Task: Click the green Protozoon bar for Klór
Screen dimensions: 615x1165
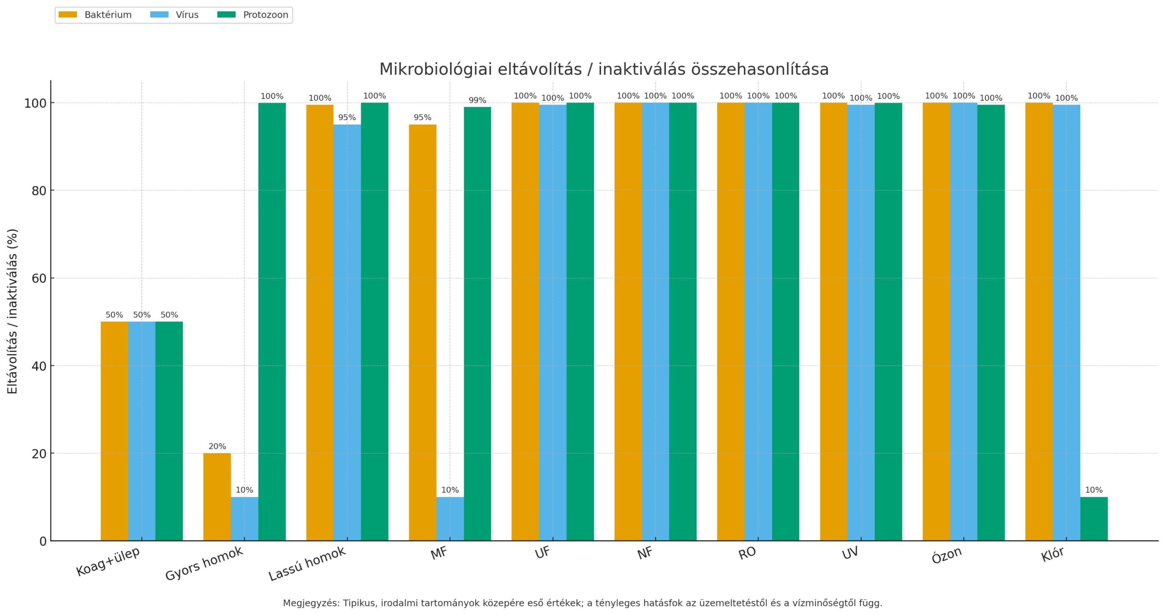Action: (x=1094, y=519)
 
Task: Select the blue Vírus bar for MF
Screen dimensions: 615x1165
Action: (x=450, y=519)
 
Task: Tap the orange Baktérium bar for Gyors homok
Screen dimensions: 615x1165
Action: (x=217, y=497)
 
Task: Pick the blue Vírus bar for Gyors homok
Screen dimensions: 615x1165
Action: (x=244, y=519)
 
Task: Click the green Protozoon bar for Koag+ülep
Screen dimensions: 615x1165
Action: (x=169, y=431)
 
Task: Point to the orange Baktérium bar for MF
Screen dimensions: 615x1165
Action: (x=422, y=332)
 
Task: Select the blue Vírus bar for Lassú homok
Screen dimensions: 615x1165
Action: (x=347, y=332)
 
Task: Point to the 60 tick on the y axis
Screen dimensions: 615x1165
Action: (x=39, y=278)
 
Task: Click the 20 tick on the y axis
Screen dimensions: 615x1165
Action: (x=39, y=454)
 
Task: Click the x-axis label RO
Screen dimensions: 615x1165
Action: (x=747, y=553)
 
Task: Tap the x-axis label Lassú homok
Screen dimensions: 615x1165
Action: (x=307, y=564)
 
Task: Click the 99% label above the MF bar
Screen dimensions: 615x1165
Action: (x=477, y=101)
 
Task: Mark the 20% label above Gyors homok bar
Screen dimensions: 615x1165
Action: (x=217, y=447)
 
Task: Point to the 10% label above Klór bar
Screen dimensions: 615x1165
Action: (x=1094, y=490)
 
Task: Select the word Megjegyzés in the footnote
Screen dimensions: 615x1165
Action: (x=310, y=603)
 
